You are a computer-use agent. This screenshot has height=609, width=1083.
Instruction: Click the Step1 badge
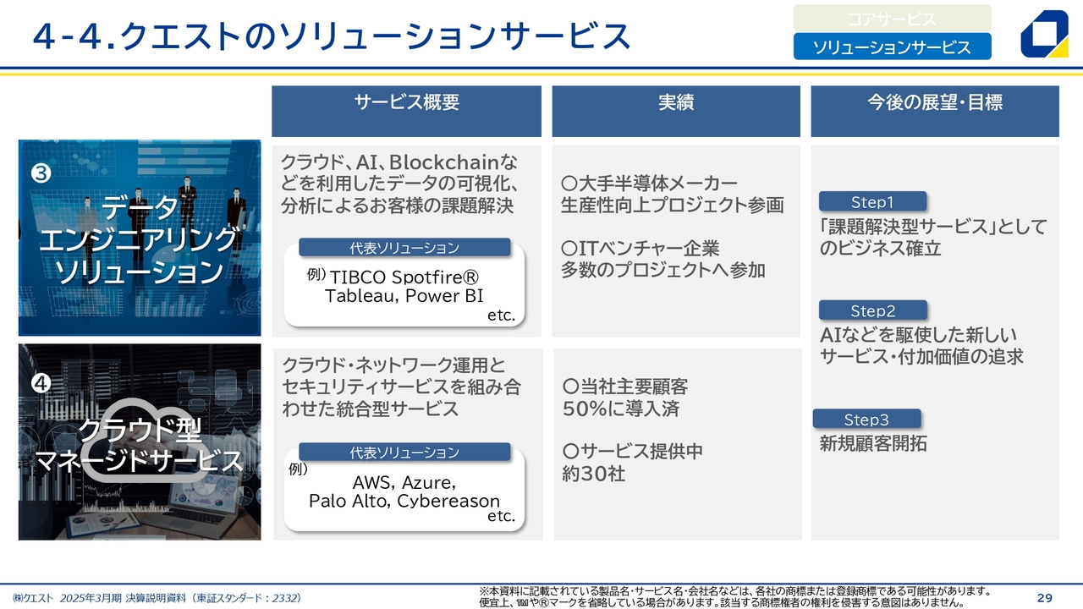pyautogui.click(x=872, y=201)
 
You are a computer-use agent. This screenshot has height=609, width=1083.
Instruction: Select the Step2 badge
pyautogui.click(x=872, y=310)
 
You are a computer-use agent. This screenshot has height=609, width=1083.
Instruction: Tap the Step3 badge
pyautogui.click(x=866, y=419)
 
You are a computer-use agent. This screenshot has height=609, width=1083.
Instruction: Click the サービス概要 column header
pyautogui.click(x=406, y=111)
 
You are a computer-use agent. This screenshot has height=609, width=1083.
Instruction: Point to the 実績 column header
pyautogui.click(x=676, y=111)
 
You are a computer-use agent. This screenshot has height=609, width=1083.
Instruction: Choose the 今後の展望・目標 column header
pyautogui.click(x=935, y=111)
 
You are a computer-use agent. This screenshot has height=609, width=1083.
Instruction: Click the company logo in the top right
pyautogui.click(x=1044, y=34)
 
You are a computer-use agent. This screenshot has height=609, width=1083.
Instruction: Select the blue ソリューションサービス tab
pyautogui.click(x=892, y=47)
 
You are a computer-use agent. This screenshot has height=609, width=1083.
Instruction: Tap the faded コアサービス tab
pyautogui.click(x=892, y=19)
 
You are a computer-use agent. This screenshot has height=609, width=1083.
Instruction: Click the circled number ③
pyautogui.click(x=41, y=173)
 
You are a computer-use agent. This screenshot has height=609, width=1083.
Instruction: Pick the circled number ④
pyautogui.click(x=41, y=383)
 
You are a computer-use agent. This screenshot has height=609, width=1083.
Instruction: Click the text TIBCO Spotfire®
pyautogui.click(x=404, y=277)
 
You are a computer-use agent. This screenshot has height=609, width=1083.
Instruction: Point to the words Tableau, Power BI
pyautogui.click(x=404, y=296)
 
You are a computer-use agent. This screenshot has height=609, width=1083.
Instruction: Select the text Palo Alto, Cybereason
pyautogui.click(x=404, y=501)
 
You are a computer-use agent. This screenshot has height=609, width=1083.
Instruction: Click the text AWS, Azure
pyautogui.click(x=404, y=482)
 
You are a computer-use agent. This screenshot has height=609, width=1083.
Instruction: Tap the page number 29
pyautogui.click(x=1044, y=598)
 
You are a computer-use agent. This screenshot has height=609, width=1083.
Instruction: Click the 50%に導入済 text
pyautogui.click(x=621, y=409)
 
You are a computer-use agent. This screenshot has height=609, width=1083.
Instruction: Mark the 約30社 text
pyautogui.click(x=594, y=474)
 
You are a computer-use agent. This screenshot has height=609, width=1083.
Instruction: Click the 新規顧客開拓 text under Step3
pyautogui.click(x=873, y=443)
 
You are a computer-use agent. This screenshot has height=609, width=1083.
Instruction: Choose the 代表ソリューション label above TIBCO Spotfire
pyautogui.click(x=404, y=248)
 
